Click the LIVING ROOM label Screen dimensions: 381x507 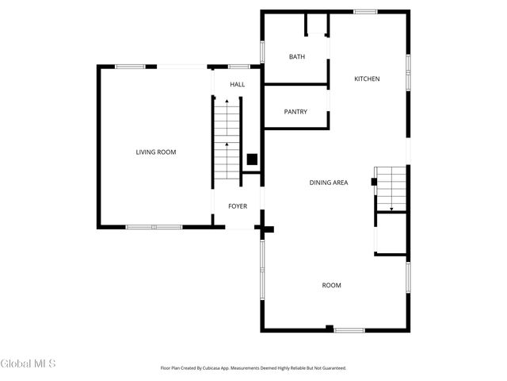155,152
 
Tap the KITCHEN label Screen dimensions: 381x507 367,79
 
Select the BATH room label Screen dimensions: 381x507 297,56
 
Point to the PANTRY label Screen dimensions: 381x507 295,112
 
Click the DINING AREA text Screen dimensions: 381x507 329,183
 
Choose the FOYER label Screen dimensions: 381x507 238,206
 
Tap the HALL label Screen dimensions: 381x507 238,84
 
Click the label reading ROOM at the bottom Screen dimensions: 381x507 331,285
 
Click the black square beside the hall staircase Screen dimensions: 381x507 252,159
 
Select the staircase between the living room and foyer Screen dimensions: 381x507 227,139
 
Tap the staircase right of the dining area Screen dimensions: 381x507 391,189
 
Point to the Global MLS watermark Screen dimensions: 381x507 29,364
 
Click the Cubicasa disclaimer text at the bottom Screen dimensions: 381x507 253,368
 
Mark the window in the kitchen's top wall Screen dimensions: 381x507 365,11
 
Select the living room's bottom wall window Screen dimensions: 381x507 154,227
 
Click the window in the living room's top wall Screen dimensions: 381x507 130,67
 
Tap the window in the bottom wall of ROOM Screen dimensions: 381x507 349,329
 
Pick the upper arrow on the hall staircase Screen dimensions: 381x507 227,102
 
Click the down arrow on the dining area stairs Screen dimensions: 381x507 391,207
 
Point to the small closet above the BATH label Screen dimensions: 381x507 316,25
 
